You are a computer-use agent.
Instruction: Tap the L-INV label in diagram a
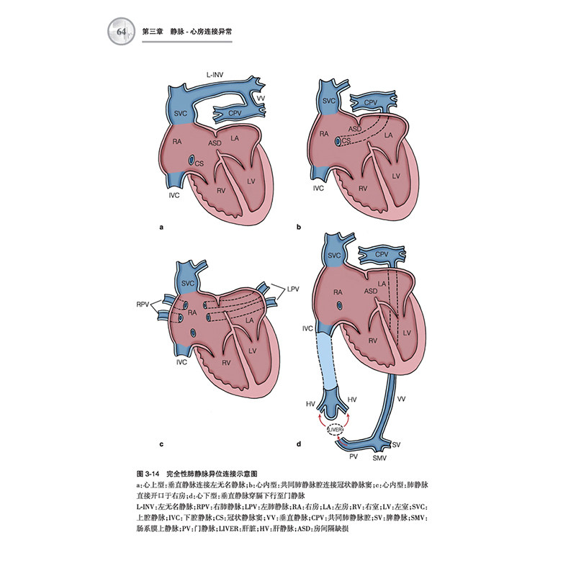(x=217, y=74)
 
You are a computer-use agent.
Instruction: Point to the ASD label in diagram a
(x=214, y=143)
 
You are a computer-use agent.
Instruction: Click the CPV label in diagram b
(x=371, y=104)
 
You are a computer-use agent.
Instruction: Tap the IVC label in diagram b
(x=319, y=187)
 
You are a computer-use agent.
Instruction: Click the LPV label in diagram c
(x=292, y=289)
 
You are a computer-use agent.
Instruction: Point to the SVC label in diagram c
(x=188, y=283)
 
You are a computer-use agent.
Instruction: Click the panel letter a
(x=161, y=228)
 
